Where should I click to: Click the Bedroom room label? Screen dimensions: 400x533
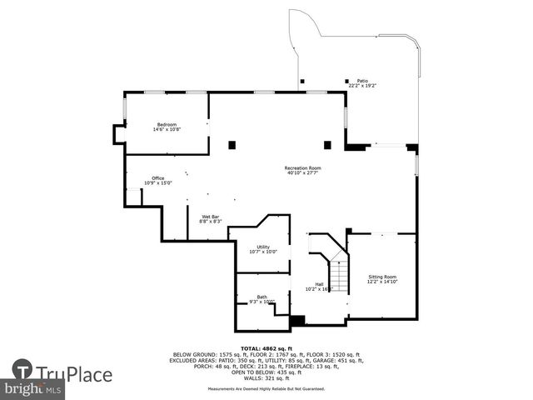pos(167,124)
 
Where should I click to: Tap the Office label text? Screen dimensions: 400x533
pos(157,177)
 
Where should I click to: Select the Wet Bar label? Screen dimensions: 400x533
pos(210,217)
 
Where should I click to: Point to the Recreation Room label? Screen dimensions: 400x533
pos(302,167)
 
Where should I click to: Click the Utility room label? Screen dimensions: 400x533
pos(263,247)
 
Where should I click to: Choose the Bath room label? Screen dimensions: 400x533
pos(262,297)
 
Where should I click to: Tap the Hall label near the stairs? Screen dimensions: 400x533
pos(319,284)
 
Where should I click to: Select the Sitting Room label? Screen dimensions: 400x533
pos(382,276)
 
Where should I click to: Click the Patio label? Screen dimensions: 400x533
pos(362,81)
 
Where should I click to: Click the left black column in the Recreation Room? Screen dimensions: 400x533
pos(232,145)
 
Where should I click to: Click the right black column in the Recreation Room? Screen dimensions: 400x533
pos(327,145)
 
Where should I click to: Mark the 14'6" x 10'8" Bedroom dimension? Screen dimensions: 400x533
pos(167,129)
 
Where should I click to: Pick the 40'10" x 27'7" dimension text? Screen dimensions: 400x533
pos(302,172)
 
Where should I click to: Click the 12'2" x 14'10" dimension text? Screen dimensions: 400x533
pos(382,282)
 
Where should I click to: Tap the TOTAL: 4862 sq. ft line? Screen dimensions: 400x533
pos(266,348)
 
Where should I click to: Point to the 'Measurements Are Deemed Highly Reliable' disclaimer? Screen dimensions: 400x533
pos(266,388)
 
